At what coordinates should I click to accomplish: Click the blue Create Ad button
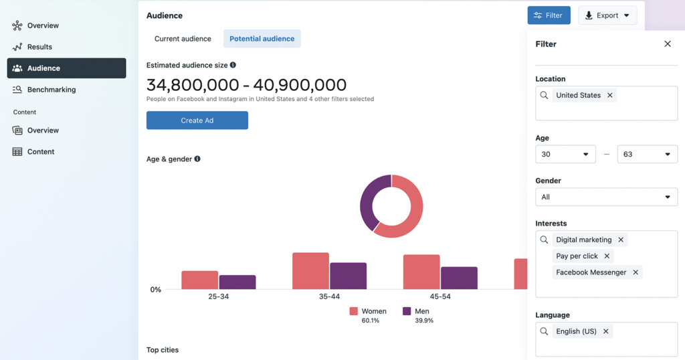[x=197, y=120]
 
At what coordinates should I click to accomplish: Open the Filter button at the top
[x=549, y=15]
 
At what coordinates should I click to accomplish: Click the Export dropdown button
[x=607, y=15]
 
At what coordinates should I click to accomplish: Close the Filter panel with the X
[x=667, y=44]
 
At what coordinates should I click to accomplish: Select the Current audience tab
[x=183, y=39]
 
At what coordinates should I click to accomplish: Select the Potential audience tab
[x=262, y=39]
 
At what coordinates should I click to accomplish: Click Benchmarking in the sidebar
[x=52, y=90]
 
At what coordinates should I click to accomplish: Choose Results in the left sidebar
[x=39, y=47]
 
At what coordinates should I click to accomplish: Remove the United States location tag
[x=609, y=96]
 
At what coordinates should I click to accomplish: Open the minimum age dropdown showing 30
[x=565, y=155]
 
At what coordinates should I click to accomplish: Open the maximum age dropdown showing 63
[x=647, y=155]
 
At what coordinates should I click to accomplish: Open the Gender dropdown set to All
[x=606, y=197]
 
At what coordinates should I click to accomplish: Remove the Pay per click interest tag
[x=607, y=256]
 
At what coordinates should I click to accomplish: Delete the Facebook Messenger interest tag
[x=635, y=272]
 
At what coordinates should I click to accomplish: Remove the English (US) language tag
[x=605, y=332]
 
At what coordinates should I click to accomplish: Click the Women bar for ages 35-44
[x=310, y=271]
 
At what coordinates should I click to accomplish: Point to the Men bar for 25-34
[x=237, y=282]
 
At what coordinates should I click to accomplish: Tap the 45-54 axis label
[x=440, y=296]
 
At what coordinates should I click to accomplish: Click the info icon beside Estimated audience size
[x=233, y=66]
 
